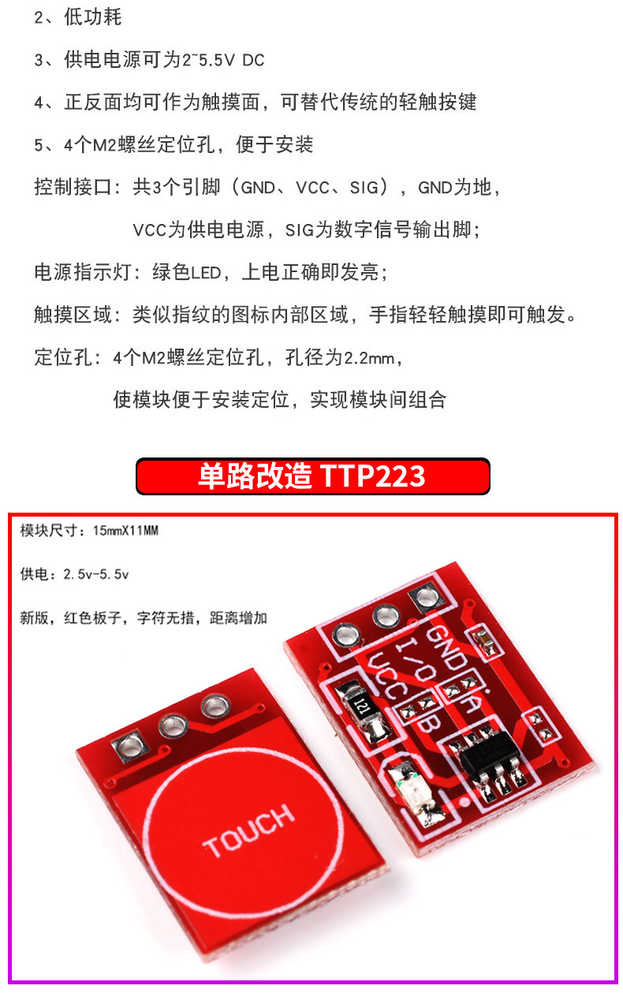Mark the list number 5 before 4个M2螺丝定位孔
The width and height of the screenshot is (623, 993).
pos(40,144)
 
